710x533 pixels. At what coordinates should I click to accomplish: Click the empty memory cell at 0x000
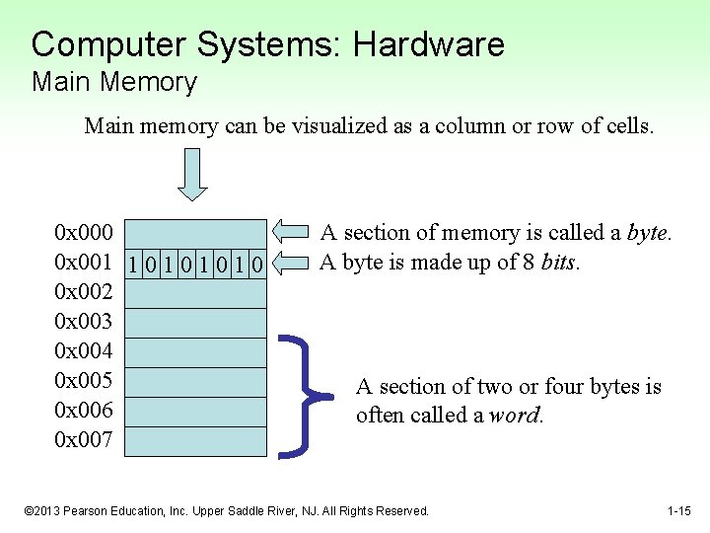coord(196,234)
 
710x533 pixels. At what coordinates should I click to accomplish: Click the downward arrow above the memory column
coord(192,174)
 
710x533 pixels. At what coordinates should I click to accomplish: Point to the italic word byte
coord(648,233)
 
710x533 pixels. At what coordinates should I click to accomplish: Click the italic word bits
coord(559,263)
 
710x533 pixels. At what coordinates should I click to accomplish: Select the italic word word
coord(515,415)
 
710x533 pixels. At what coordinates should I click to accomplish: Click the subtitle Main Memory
coord(114,82)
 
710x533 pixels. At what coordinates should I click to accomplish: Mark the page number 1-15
coord(678,511)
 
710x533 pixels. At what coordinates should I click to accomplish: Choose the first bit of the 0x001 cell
coord(133,264)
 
